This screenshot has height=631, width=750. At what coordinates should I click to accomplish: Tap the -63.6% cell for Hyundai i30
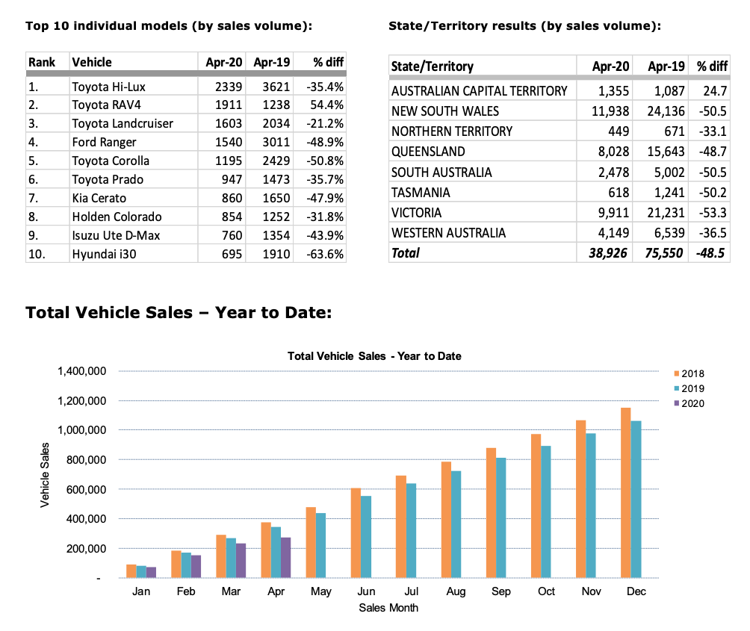[325, 254]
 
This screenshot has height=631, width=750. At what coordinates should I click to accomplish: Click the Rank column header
[43, 62]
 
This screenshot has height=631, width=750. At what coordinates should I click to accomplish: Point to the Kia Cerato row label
[99, 198]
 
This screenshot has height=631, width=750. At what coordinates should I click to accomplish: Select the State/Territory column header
[433, 66]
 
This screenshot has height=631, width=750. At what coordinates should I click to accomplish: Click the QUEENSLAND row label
[428, 152]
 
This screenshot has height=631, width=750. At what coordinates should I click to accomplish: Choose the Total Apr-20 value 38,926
[604, 252]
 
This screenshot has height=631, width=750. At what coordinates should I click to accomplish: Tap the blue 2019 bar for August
[455, 524]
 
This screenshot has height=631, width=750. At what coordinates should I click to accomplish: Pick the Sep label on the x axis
[500, 591]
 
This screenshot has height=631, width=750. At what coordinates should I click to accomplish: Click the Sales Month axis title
[388, 608]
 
